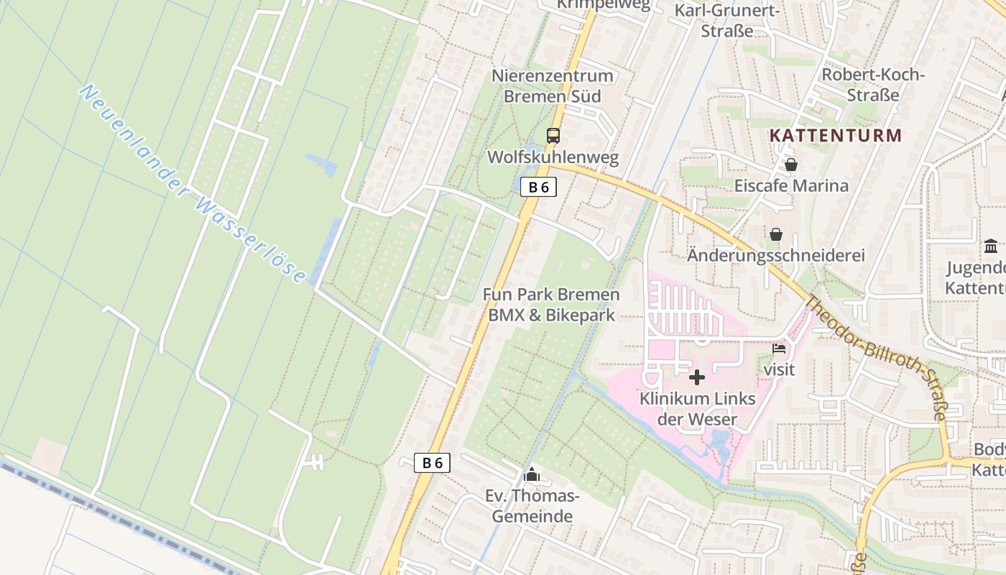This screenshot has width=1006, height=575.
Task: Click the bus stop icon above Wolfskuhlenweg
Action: click(x=553, y=135)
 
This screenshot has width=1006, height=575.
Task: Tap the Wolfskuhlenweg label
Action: click(x=553, y=157)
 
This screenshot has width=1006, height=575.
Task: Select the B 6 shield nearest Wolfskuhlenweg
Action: click(x=538, y=188)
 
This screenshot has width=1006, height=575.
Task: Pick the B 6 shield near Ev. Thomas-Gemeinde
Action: click(x=433, y=463)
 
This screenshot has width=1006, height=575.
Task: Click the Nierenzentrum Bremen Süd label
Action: click(x=553, y=86)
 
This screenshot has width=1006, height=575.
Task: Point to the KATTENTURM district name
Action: click(x=835, y=135)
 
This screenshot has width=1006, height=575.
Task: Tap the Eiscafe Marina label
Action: click(x=790, y=185)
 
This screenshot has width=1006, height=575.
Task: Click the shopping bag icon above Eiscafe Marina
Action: click(x=790, y=165)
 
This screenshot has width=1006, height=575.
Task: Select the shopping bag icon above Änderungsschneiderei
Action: click(x=776, y=234)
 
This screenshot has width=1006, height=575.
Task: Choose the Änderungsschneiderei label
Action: click(x=776, y=255)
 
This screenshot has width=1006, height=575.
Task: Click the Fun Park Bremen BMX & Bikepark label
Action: click(x=551, y=305)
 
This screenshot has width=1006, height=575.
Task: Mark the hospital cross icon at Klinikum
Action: click(x=696, y=377)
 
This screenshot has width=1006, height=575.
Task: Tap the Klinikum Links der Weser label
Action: click(x=697, y=408)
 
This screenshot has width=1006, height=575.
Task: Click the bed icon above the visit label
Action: click(x=779, y=349)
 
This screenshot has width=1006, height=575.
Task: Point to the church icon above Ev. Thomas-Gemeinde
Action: click(x=532, y=474)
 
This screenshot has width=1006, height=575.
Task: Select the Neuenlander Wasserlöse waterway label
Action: click(x=192, y=184)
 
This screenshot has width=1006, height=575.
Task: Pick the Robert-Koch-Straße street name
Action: click(x=872, y=85)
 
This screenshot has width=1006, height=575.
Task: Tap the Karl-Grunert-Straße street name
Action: click(x=726, y=20)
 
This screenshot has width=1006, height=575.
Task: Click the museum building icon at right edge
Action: click(x=991, y=247)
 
